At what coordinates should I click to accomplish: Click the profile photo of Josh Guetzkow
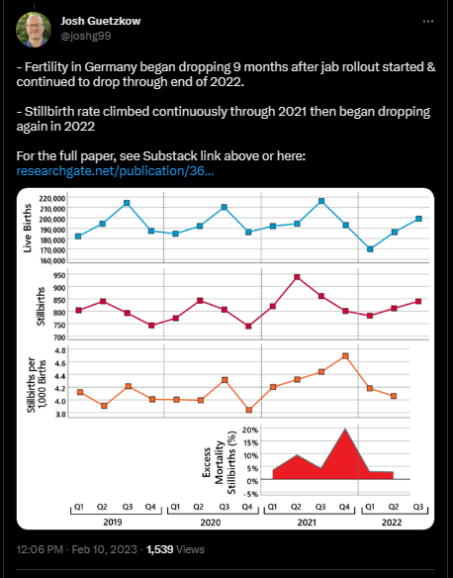(34, 30)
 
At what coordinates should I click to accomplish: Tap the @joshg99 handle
(86, 36)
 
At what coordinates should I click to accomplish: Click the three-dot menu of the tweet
(428, 22)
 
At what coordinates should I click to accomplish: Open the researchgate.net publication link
(115, 171)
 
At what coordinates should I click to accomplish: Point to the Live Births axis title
(28, 229)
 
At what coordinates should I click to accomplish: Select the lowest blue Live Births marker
(370, 249)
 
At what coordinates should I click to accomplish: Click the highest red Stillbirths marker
(297, 277)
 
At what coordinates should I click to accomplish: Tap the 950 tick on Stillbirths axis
(60, 275)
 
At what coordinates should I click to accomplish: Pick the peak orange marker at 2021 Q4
(345, 356)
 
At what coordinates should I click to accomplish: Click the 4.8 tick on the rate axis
(60, 350)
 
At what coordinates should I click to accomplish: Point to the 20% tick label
(250, 430)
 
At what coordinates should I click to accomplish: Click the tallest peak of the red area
(345, 429)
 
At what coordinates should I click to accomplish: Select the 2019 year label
(113, 523)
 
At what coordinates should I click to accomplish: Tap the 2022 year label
(391, 523)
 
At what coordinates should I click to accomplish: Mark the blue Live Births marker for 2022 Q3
(418, 219)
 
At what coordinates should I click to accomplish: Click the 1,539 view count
(159, 549)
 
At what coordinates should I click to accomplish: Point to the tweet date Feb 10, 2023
(104, 549)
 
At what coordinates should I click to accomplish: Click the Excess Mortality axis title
(219, 462)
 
